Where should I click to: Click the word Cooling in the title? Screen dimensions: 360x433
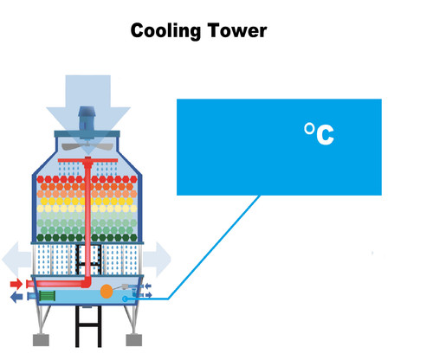(x=165, y=31)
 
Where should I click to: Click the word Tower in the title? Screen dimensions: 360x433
(x=236, y=31)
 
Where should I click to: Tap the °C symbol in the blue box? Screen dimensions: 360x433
(x=319, y=133)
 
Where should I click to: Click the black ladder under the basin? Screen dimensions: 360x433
(x=87, y=333)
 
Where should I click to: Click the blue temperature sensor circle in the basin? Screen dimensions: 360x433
(x=127, y=299)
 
